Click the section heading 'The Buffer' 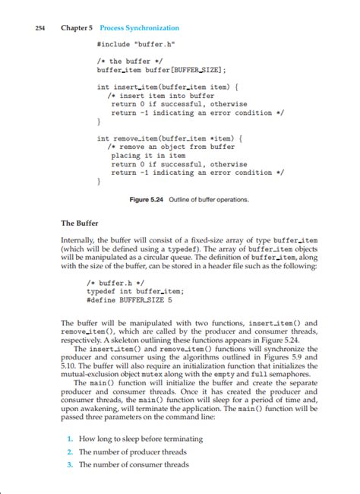point(77,223)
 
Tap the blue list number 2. point(69,451)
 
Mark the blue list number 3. point(69,464)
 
